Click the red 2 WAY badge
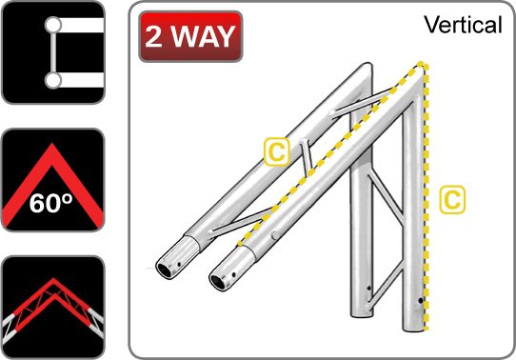[x=190, y=36]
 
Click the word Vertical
[x=463, y=25]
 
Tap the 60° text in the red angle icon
[x=51, y=203]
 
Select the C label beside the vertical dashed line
[x=452, y=200]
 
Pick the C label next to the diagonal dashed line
[x=277, y=151]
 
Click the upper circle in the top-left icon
[x=52, y=25]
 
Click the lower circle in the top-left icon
[x=52, y=81]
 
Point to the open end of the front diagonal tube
[x=218, y=282]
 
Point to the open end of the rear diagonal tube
[x=165, y=270]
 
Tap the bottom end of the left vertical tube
[x=362, y=314]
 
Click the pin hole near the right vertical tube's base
[x=421, y=300]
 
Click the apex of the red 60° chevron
[x=52, y=144]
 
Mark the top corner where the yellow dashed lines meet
[x=421, y=63]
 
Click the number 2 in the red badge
[x=153, y=36]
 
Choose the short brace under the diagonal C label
[x=306, y=157]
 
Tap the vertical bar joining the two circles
[x=52, y=52]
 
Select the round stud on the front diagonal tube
[x=275, y=235]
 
